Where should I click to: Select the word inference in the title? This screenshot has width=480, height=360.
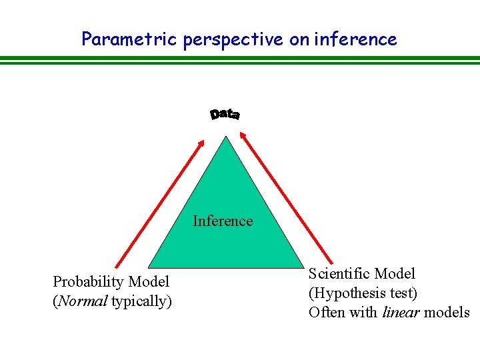pyautogui.click(x=355, y=39)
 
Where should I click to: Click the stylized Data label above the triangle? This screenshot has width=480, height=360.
pyautogui.click(x=225, y=115)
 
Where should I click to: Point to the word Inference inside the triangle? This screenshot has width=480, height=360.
pyautogui.click(x=223, y=221)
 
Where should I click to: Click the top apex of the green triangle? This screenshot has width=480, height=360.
pyautogui.click(x=227, y=137)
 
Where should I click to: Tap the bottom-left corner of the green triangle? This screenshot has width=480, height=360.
pyautogui.click(x=149, y=267)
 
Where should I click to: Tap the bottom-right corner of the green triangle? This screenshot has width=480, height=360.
pyautogui.click(x=305, y=267)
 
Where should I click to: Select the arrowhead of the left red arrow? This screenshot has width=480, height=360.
pyautogui.click(x=201, y=141)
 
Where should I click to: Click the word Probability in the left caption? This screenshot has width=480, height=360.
pyautogui.click(x=89, y=282)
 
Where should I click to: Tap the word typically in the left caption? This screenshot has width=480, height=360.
pyautogui.click(x=141, y=302)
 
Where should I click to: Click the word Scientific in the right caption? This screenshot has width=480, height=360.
pyautogui.click(x=339, y=273)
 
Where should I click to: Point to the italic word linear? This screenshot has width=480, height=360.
pyautogui.click(x=400, y=312)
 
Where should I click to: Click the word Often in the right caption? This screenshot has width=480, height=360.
pyautogui.click(x=325, y=312)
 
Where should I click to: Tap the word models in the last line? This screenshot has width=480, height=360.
pyautogui.click(x=447, y=312)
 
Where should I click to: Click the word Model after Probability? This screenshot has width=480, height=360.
pyautogui.click(x=149, y=282)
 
